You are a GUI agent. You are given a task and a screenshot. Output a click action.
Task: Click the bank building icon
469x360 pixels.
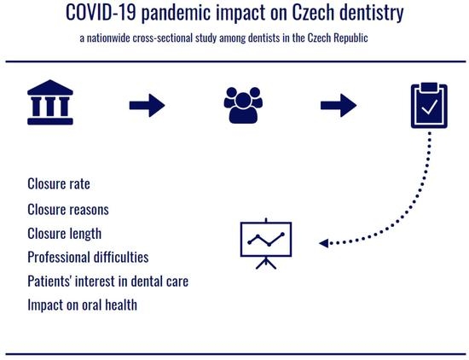click(50, 102)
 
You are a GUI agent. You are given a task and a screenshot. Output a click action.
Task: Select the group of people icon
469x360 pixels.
click(243, 105)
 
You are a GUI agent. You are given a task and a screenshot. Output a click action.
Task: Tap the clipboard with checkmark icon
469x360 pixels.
click(429, 105)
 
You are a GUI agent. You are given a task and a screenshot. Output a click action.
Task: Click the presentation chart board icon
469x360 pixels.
click(266, 244)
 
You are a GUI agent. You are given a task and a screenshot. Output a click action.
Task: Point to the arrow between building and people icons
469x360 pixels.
click(148, 105)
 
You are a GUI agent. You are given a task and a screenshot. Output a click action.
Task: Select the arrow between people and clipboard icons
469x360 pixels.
click(339, 105)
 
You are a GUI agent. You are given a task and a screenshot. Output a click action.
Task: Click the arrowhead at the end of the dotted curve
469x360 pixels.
click(324, 243)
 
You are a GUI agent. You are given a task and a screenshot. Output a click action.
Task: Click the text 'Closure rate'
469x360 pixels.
click(59, 183)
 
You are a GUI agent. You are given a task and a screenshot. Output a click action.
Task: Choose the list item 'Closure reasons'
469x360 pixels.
click(68, 209)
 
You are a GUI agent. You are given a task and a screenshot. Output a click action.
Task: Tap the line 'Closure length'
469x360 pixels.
click(64, 234)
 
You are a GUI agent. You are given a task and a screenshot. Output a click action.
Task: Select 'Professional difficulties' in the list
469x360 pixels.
click(88, 257)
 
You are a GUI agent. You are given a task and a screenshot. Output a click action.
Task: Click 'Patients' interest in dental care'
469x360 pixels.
click(108, 282)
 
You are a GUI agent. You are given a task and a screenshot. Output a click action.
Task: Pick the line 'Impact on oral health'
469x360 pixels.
click(82, 305)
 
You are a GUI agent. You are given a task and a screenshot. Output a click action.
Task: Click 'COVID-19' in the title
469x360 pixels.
click(101, 12)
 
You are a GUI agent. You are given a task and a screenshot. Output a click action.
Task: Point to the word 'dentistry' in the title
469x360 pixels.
click(372, 13)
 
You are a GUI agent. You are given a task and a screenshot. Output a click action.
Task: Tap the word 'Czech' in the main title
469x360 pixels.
click(313, 12)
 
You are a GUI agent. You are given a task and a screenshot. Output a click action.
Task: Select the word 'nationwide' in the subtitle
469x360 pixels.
click(108, 38)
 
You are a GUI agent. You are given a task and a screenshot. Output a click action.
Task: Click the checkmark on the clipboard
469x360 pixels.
click(429, 107)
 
